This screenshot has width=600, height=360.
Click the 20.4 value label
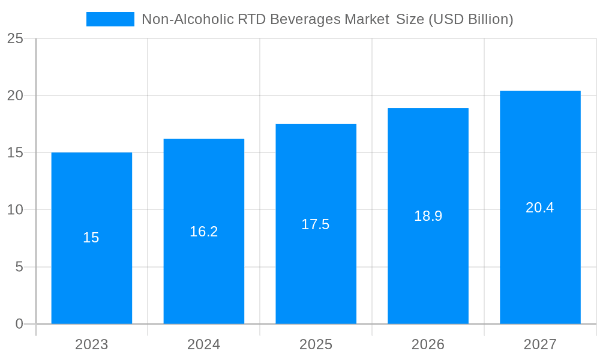click(540, 208)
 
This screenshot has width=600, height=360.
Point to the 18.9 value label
click(428, 216)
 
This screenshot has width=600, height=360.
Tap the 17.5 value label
click(316, 224)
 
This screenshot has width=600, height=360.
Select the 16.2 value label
click(203, 232)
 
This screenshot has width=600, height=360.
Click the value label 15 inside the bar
click(91, 238)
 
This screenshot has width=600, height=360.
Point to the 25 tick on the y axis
click(15, 38)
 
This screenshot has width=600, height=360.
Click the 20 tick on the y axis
click(15, 95)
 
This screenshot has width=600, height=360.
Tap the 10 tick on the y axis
click(15, 210)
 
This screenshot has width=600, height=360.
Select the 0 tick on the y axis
click(19, 324)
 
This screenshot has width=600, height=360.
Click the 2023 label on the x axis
click(91, 344)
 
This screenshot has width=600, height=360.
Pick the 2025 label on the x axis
click(316, 344)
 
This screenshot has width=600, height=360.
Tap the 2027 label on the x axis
click(540, 344)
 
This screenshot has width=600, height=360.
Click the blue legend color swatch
click(110, 19)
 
